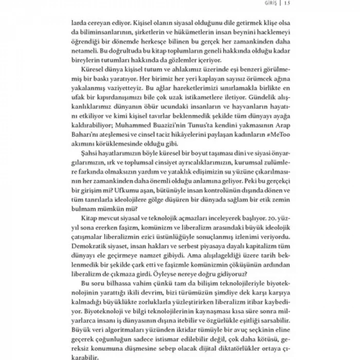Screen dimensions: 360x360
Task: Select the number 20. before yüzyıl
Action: [266, 225]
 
